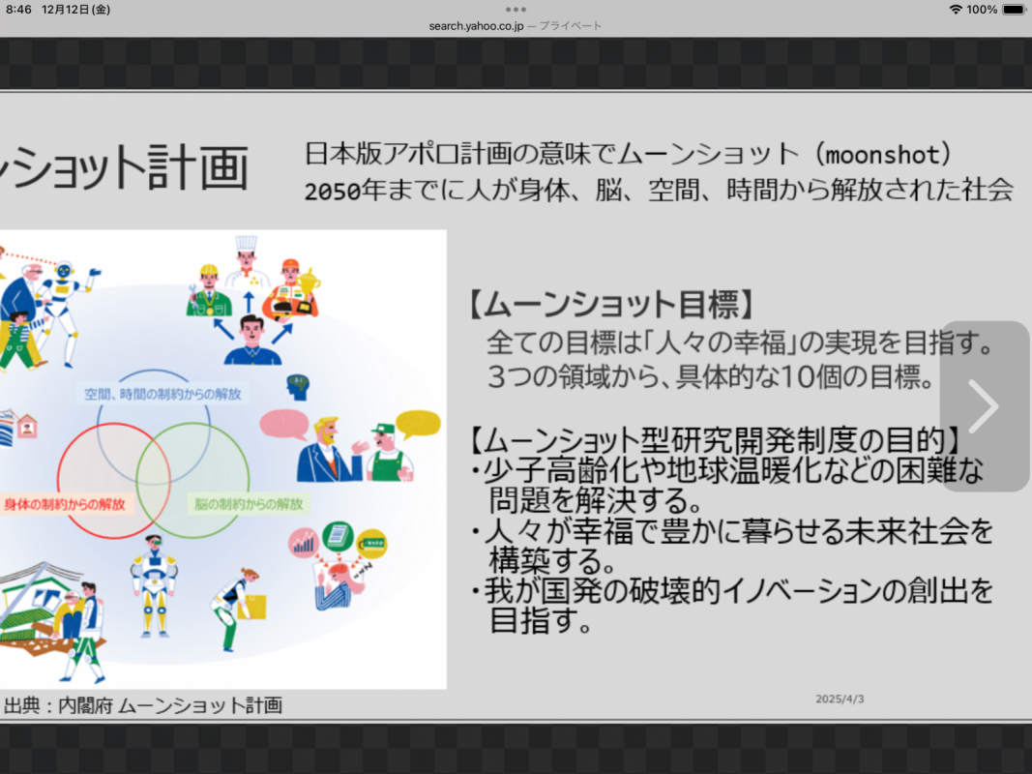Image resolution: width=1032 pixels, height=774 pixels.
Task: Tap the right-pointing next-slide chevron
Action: coord(984,406)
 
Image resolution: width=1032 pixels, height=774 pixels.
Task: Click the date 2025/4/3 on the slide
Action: coord(840,699)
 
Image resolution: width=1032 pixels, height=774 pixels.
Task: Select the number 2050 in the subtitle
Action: coord(333,192)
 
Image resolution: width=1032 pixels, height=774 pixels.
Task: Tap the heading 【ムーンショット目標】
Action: coord(611,304)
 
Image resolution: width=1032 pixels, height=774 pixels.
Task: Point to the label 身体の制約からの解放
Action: coord(64,505)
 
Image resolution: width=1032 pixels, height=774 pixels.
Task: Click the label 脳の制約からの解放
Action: coord(249,505)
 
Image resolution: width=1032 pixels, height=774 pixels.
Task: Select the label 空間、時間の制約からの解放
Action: coord(162,394)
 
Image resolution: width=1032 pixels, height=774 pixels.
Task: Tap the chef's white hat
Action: coord(247,244)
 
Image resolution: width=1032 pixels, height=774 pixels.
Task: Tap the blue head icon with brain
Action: coord(298,387)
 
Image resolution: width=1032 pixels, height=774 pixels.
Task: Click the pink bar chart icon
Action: coord(304,543)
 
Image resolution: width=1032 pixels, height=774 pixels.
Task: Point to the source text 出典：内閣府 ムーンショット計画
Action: coord(143,705)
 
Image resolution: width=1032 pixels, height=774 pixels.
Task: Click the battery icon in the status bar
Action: coord(1015,10)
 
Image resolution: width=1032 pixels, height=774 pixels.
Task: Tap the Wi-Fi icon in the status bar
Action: coord(955,10)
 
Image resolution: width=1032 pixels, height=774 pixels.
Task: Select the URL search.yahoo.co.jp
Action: coord(476,26)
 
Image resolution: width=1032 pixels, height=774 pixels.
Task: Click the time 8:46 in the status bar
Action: coord(18,10)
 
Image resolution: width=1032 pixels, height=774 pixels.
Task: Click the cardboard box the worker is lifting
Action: coord(253,608)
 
